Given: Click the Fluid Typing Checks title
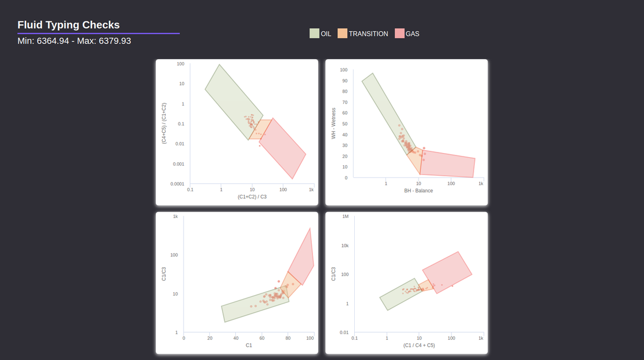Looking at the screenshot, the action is click(x=68, y=25).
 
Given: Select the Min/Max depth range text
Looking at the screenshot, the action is click(x=74, y=41).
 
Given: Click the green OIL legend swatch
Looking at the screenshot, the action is click(x=314, y=33).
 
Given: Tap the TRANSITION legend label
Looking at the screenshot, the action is click(x=369, y=34).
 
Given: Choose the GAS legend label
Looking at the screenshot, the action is click(x=412, y=34).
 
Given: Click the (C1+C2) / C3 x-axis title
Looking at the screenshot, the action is click(x=252, y=197).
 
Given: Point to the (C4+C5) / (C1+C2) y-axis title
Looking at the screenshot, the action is click(x=164, y=123).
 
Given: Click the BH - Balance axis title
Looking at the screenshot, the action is click(x=419, y=191).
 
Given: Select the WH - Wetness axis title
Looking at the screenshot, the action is click(x=333, y=123).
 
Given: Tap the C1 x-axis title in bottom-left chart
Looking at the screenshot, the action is click(x=249, y=345).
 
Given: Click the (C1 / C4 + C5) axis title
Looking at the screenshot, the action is click(x=419, y=345).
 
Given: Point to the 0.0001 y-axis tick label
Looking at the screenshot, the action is click(x=177, y=184).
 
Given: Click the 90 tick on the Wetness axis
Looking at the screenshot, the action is click(x=344, y=81).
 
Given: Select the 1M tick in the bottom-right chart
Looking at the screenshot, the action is click(x=345, y=216).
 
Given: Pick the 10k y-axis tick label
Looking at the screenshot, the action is click(x=345, y=246).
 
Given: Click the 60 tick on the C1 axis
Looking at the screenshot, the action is click(x=262, y=338).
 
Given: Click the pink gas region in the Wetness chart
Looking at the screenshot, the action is click(x=447, y=163).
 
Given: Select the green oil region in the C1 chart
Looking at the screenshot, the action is click(x=255, y=304).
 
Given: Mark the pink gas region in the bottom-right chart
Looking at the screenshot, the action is click(x=447, y=272).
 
